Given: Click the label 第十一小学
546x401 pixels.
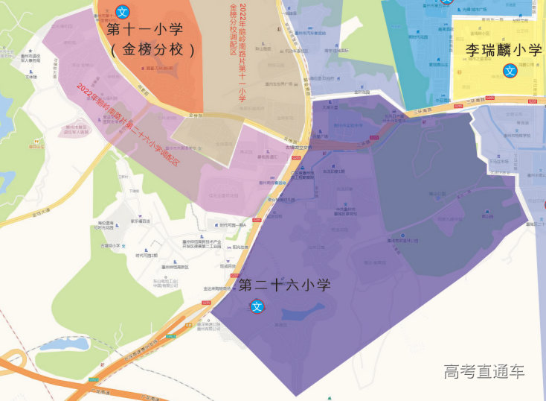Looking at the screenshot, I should tap(154, 31).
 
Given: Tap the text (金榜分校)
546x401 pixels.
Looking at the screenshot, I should tap(153, 51).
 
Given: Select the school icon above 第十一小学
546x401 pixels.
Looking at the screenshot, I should tap(123, 13).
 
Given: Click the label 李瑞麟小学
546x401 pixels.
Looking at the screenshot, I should tap(504, 50).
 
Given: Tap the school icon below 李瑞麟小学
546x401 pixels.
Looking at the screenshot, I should tap(510, 71).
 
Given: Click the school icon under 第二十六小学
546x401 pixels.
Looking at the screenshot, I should tap(257, 306).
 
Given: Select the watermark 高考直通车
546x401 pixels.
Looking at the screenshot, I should tap(484, 370).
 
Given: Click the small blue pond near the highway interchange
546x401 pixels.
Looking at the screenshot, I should tap(64, 344).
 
